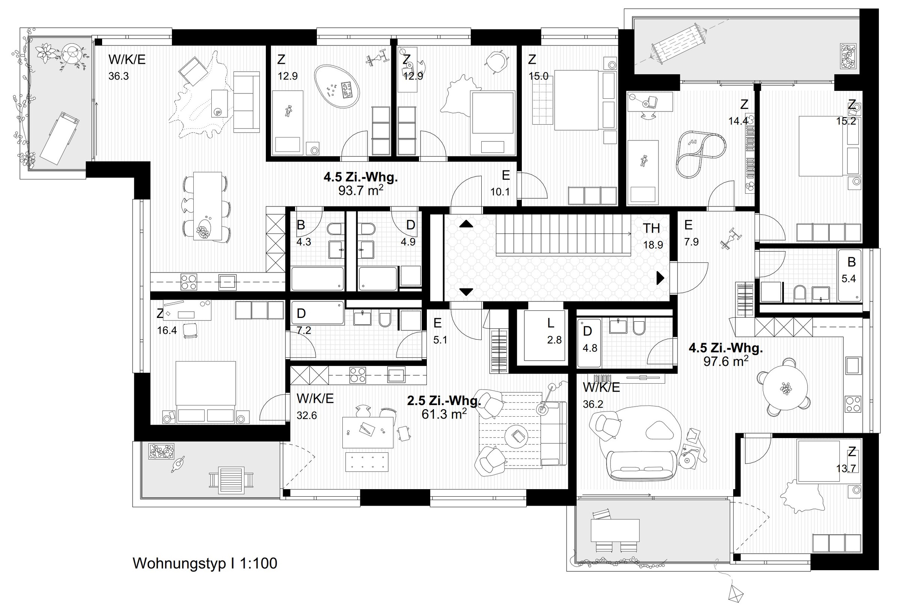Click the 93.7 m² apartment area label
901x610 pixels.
click(360, 191)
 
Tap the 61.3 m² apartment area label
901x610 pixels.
click(444, 414)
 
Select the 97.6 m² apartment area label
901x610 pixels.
click(726, 361)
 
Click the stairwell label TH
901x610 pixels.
click(651, 228)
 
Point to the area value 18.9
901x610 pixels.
click(653, 245)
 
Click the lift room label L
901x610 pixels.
click(550, 323)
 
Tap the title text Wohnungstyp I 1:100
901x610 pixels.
click(205, 563)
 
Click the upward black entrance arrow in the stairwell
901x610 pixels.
click(466, 224)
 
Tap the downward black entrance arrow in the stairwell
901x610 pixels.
click(466, 292)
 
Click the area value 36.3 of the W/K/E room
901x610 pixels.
click(119, 76)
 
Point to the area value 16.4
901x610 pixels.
click(167, 331)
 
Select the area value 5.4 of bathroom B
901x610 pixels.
click(848, 279)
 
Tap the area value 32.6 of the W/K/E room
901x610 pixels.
click(307, 416)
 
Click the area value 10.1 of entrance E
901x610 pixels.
click(500, 192)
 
